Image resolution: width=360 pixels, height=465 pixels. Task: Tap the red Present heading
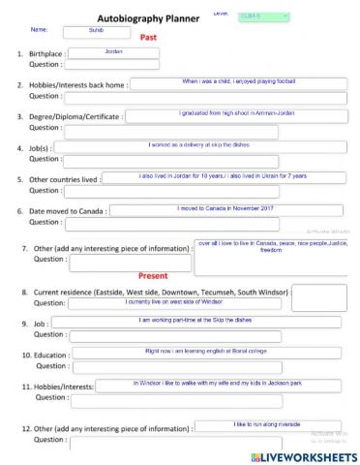tap(153, 275)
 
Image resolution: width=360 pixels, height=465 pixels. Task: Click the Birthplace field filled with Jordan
tap(113, 52)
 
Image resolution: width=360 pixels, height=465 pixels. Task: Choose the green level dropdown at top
tap(263, 16)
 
